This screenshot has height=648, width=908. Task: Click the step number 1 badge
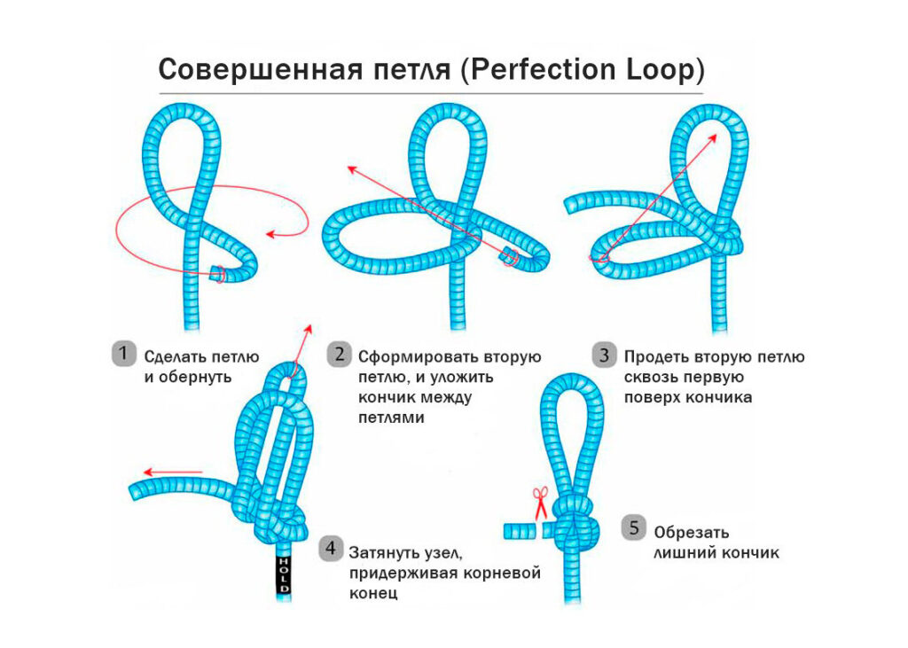[x=124, y=355]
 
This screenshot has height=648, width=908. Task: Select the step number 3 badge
[x=605, y=355]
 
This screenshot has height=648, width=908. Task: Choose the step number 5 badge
[x=633, y=529]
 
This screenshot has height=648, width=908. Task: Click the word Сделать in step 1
[x=174, y=357]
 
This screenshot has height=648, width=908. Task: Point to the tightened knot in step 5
[x=576, y=526]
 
